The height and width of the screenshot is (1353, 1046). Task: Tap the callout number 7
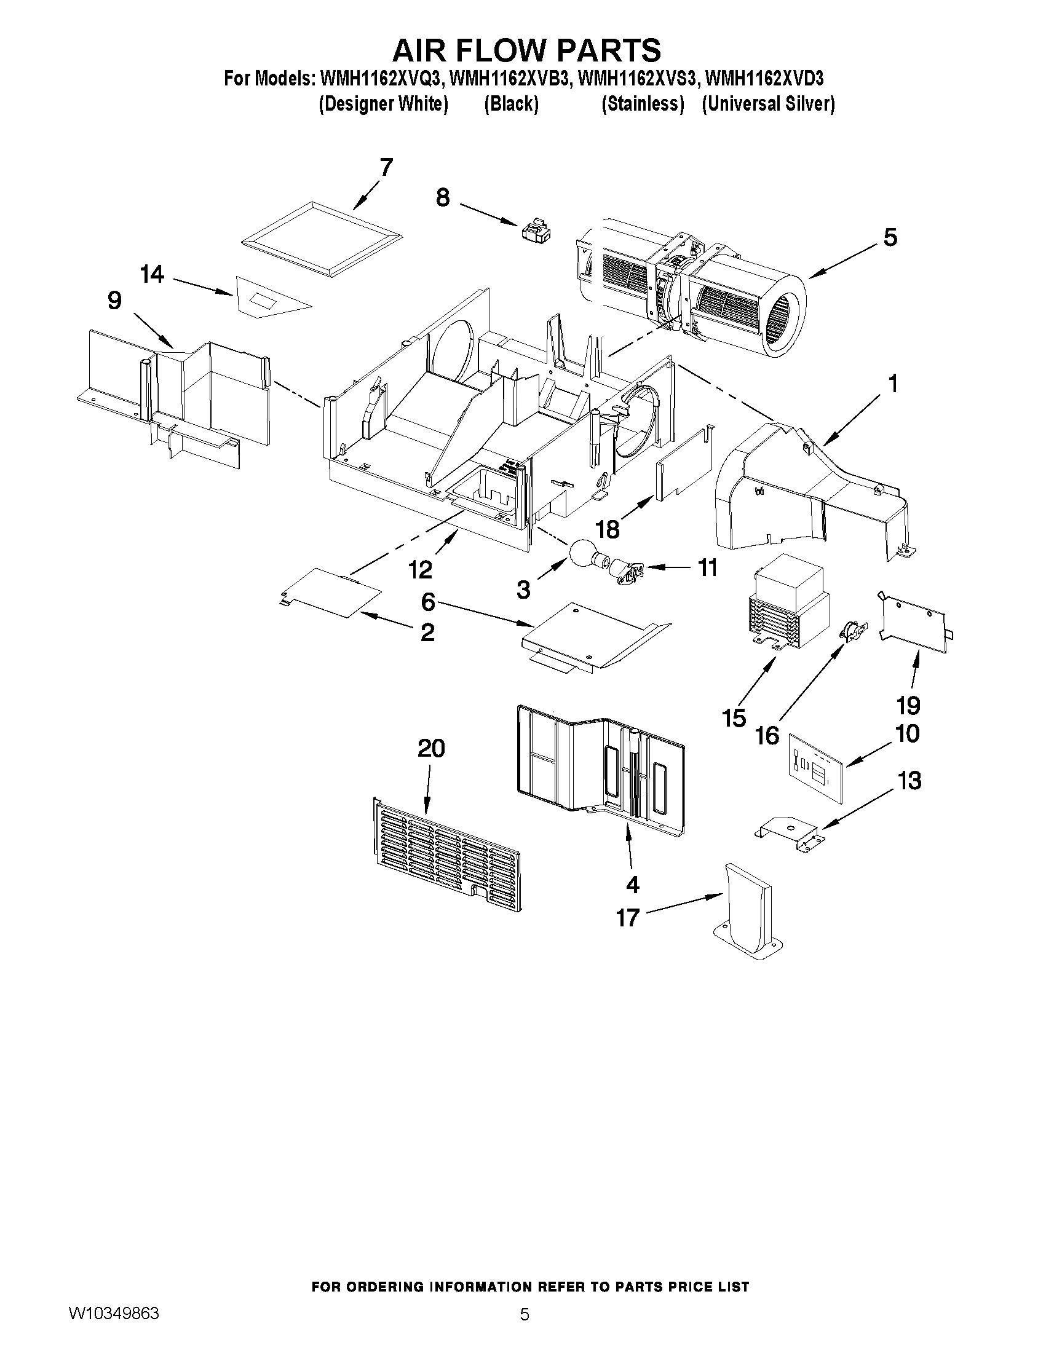coord(386,167)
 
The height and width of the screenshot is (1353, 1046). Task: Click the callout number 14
coord(152,274)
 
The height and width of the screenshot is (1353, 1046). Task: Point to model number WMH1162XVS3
coord(638,79)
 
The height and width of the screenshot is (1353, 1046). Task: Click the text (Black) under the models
coord(511,104)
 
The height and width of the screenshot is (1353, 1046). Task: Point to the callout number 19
coord(908,705)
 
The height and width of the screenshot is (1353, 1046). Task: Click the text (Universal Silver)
coord(769,104)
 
